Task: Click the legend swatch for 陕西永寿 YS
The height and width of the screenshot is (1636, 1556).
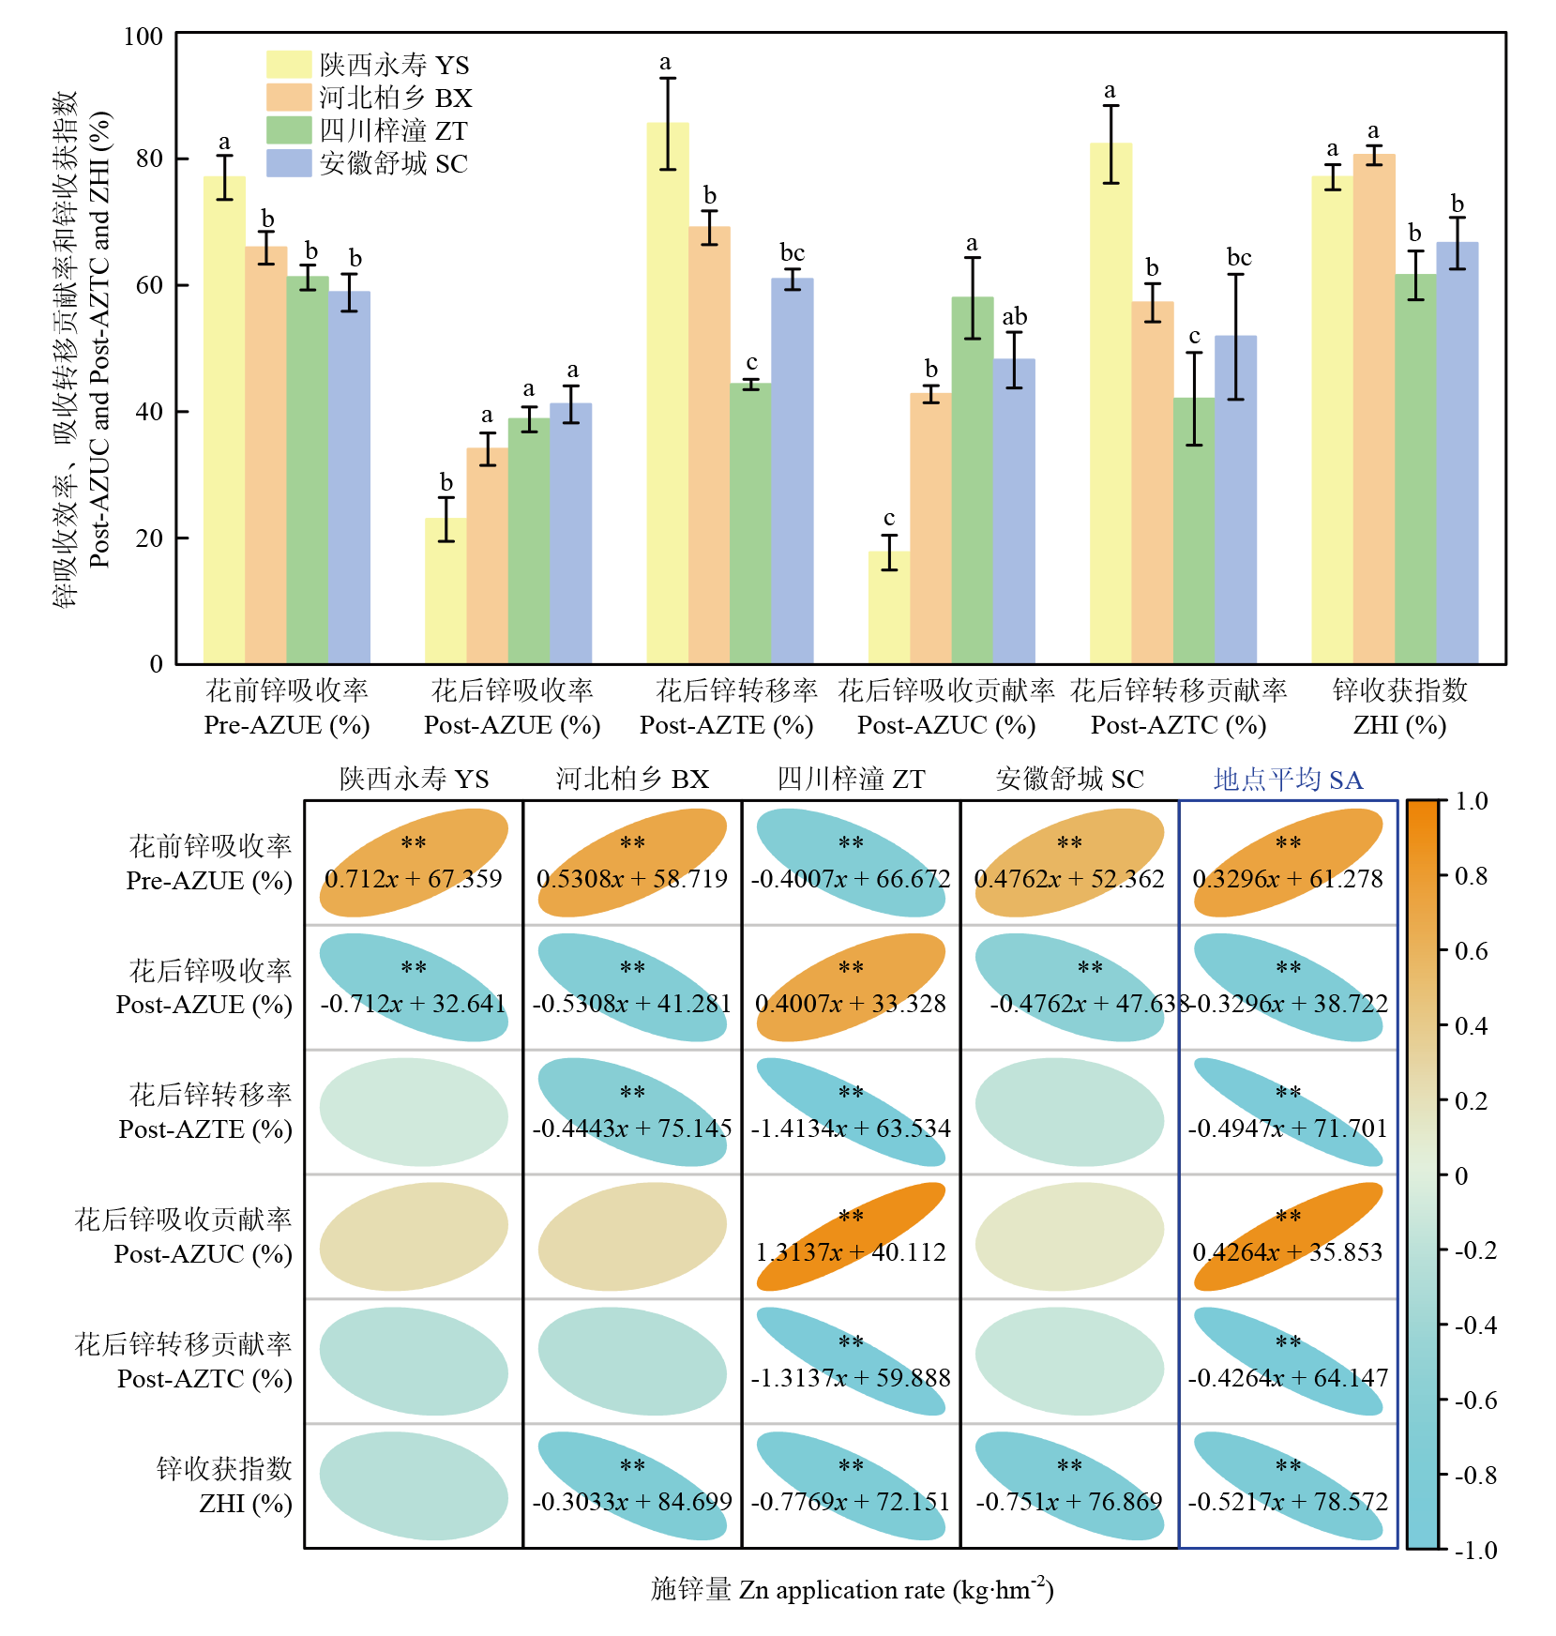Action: tap(288, 64)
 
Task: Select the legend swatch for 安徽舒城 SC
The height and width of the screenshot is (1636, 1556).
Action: tap(288, 163)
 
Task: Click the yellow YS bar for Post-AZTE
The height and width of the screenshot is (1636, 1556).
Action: tap(667, 394)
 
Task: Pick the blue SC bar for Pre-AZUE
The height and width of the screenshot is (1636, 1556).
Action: tap(349, 477)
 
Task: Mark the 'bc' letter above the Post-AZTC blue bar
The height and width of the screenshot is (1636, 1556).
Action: tap(1238, 258)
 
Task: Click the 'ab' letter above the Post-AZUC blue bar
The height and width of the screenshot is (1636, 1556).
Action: tap(1014, 317)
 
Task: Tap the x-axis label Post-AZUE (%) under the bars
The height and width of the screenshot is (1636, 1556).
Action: tap(511, 725)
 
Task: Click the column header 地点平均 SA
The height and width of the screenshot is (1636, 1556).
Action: tap(1287, 780)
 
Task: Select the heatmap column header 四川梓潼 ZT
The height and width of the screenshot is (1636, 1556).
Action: tap(850, 780)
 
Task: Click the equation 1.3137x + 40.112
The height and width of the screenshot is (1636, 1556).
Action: tap(850, 1252)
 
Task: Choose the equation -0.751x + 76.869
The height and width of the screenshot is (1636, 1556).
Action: tap(1068, 1502)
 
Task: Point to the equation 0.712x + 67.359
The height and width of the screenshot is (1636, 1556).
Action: tap(413, 879)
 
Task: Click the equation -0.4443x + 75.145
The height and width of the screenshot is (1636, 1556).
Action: tap(631, 1129)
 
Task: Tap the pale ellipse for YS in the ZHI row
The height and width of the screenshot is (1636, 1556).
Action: tap(413, 1485)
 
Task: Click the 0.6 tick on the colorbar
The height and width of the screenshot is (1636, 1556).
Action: tap(1469, 951)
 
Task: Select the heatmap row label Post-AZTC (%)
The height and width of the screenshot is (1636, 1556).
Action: tap(204, 1379)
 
